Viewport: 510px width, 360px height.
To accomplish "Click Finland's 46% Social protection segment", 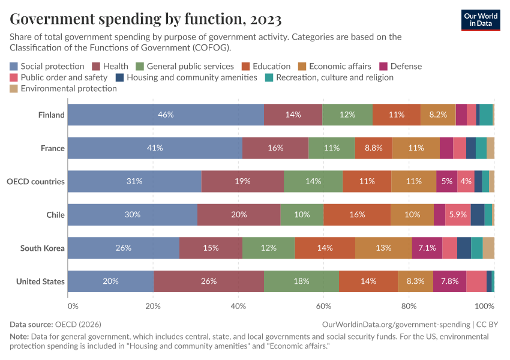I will pos(166,115).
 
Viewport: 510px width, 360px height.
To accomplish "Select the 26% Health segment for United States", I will pos(209,281).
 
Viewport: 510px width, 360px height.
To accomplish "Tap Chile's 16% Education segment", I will pos(357,214).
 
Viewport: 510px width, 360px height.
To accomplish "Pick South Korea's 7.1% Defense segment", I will pos(427,248).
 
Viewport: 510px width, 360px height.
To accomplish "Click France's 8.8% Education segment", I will pos(373,148).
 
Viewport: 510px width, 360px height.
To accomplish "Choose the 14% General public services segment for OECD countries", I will pos(313,181).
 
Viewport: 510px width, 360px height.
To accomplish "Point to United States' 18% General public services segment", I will pos(301,281).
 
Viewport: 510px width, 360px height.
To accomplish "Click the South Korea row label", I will pos(42,248).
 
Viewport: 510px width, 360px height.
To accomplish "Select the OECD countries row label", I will pos(35,181).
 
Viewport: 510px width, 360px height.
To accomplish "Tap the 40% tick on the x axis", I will pos(238,306).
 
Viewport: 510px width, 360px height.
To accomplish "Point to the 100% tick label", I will pos(483,306).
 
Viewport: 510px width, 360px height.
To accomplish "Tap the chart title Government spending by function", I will pos(146,19).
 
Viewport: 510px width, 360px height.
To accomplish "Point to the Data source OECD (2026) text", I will pos(53,324).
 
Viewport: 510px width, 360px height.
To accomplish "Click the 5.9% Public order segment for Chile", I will pos(458,214).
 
